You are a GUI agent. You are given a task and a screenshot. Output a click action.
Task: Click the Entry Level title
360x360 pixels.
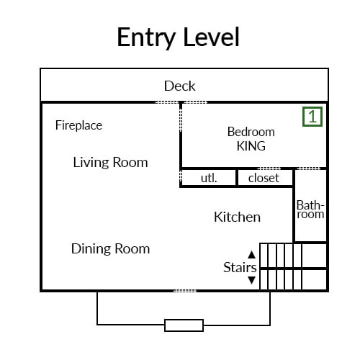(178, 37)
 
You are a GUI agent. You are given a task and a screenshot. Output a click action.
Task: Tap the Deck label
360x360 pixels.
(180, 86)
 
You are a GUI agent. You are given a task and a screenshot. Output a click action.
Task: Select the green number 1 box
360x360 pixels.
(312, 117)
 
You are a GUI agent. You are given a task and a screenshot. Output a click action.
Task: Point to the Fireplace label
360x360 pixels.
(78, 125)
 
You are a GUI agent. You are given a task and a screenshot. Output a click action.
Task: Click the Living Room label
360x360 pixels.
(110, 163)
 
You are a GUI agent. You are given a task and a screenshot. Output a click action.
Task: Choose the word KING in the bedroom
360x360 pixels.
(251, 146)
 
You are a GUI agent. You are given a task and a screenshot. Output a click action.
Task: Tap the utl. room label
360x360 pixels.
(209, 179)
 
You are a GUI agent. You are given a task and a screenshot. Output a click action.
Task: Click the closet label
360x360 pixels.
(264, 179)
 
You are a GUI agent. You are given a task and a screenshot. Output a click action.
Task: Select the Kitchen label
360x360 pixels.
(237, 217)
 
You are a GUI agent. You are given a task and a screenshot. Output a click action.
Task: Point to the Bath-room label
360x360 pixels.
(310, 210)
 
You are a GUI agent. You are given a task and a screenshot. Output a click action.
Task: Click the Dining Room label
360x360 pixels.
(110, 248)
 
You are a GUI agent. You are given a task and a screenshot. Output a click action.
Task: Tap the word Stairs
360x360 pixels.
(240, 267)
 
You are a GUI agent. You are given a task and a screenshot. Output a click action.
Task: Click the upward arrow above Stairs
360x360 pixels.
(251, 255)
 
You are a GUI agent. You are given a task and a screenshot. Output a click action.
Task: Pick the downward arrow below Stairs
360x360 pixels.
(251, 280)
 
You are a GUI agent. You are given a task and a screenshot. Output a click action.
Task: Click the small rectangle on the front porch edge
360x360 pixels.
(184, 325)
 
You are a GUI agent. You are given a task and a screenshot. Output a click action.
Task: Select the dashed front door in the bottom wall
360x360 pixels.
(185, 291)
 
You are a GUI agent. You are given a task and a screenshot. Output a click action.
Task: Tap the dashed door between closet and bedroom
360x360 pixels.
(269, 168)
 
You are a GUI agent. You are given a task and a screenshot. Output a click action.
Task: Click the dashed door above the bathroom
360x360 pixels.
(309, 168)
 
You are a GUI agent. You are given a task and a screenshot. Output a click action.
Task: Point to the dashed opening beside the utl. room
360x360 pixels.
(181, 176)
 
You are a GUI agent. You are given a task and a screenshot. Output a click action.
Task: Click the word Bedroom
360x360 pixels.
(251, 132)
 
